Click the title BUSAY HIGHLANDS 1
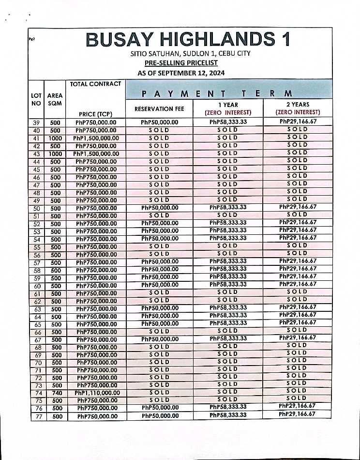[x=188, y=39]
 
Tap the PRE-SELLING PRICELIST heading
[x=181, y=63]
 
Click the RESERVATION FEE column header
[x=160, y=109]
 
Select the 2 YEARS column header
[x=298, y=108]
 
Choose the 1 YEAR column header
[x=228, y=108]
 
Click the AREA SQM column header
[x=55, y=100]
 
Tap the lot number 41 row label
[x=36, y=138]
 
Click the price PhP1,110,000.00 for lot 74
[x=97, y=393]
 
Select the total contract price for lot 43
[x=96, y=153]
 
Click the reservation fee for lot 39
[x=160, y=123]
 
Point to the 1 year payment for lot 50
[x=228, y=207]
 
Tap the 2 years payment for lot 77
[x=297, y=414]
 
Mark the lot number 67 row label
[x=37, y=339]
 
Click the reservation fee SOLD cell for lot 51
[x=159, y=215]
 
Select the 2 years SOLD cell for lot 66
[x=297, y=330]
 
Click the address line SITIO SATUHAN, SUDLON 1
[x=190, y=53]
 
